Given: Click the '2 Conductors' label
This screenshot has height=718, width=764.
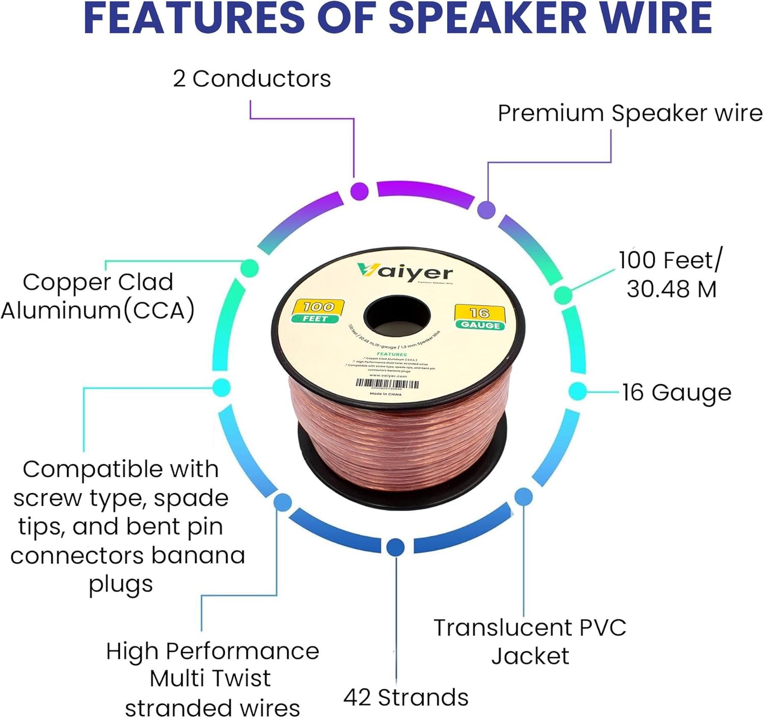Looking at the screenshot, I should tap(252, 79).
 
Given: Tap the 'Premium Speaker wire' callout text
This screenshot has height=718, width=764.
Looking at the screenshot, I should tap(630, 113).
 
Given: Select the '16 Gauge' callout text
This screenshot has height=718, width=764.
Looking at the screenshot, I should tap(676, 392).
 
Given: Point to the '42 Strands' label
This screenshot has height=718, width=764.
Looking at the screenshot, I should tap(406, 697).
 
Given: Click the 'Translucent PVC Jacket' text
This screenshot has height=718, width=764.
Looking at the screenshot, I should tap(530, 642).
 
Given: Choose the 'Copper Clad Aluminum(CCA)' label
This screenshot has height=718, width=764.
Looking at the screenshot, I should tap(98, 296).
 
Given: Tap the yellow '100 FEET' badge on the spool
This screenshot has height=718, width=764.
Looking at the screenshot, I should tap(317, 311).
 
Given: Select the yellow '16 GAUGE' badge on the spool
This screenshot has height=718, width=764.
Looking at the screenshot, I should tap(480, 317).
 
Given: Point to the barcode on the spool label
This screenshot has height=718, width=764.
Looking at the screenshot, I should tap(387, 384).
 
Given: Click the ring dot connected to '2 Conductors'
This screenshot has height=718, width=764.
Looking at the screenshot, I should tap(359, 191).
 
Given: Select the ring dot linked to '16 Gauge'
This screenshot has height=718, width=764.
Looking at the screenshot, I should tap(578, 391).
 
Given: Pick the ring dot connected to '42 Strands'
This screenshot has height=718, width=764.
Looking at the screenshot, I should tap(395, 547).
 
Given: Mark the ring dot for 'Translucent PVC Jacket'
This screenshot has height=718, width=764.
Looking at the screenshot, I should tap(523, 496).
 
